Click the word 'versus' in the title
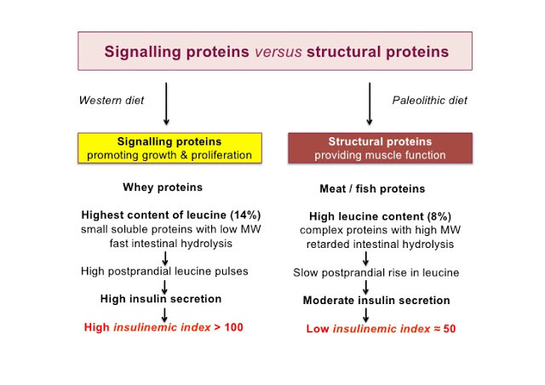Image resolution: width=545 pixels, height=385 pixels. coord(278,52)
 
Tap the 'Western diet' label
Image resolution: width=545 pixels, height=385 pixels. coord(112,101)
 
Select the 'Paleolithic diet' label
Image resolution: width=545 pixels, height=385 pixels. coord(429,101)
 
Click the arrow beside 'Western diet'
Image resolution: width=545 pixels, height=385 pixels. coord(166,104)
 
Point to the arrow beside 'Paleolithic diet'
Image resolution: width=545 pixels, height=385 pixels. coord(370,104)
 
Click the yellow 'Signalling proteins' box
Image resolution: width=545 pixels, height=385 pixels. coord(169,148)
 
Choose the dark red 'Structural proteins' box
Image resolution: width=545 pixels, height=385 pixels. coord(381,148)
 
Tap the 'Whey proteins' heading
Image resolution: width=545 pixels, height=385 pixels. coord(163,187)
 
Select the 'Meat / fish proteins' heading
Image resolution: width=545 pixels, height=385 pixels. coord(372,188)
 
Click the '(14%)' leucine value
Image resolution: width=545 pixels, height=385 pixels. coord(245,215)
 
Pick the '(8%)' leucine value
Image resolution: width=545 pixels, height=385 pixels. coord(439,216)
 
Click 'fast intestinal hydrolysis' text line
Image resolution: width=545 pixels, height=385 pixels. coord(170,243)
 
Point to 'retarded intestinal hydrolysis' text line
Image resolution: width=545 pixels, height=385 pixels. coord(380,244)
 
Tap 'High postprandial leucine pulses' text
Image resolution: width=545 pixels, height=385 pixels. coord(164,271)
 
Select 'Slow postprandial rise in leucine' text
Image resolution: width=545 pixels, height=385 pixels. coord(376,273)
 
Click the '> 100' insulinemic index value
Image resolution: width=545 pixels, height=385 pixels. coord(229,327)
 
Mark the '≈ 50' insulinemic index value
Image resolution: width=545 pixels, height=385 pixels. coord(445,329)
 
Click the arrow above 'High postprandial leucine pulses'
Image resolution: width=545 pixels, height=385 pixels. coord(165,258)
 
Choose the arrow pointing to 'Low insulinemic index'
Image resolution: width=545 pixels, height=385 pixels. coord(365,315)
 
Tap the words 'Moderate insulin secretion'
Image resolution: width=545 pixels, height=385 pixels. coord(376,300)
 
